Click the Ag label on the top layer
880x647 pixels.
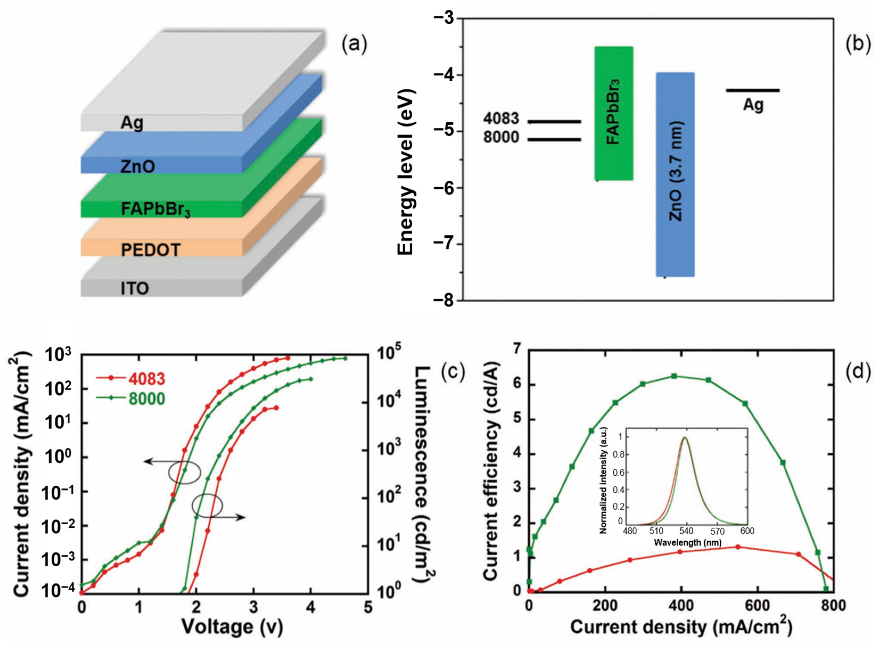(x=132, y=123)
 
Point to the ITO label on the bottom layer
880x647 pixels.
(x=135, y=289)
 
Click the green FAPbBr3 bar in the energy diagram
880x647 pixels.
(x=613, y=114)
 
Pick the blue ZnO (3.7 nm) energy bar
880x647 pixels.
(x=675, y=174)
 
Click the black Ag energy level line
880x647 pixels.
(x=752, y=90)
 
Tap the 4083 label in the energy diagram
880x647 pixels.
(x=501, y=119)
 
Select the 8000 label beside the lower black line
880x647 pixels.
(x=501, y=138)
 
